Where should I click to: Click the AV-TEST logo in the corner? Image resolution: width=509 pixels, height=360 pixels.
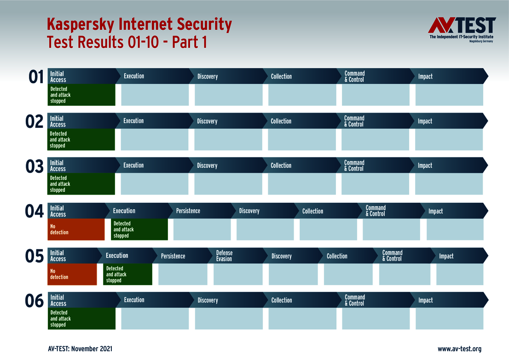(x=462, y=29)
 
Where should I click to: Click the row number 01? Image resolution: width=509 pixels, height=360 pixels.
(x=36, y=77)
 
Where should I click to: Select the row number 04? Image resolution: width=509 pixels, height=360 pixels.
(x=35, y=211)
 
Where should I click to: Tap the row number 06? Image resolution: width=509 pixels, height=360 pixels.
(x=35, y=301)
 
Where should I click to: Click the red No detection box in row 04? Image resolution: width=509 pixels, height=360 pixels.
(x=76, y=229)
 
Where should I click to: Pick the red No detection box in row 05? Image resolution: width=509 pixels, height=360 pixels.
(x=72, y=274)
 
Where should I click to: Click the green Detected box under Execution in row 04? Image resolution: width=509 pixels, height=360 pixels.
(x=139, y=229)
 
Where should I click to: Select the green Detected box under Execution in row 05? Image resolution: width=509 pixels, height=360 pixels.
(x=127, y=274)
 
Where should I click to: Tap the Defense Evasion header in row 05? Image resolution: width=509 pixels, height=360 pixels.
(x=225, y=256)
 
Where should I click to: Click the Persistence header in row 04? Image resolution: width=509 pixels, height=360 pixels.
(x=188, y=211)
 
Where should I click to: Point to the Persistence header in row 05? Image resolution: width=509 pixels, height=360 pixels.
(x=173, y=256)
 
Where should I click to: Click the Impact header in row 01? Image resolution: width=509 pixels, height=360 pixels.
(x=426, y=76)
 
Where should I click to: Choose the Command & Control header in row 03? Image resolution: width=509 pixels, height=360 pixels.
(x=354, y=166)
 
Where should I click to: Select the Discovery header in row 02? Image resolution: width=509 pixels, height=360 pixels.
(x=207, y=121)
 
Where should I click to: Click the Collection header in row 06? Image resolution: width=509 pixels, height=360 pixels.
(x=282, y=300)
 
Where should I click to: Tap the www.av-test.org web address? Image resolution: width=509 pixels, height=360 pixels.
(x=459, y=349)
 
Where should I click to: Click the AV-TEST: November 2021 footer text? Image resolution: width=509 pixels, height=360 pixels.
(x=80, y=349)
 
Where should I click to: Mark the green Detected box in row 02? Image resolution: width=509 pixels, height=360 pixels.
(x=81, y=140)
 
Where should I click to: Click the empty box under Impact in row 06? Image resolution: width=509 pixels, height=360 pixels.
(x=449, y=319)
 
